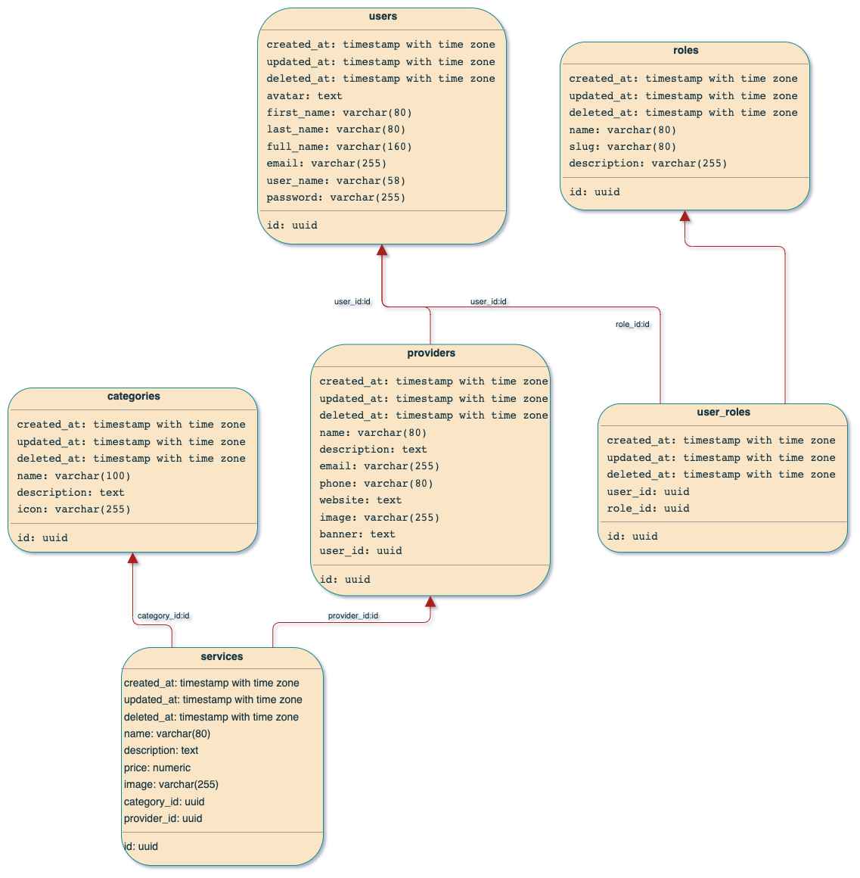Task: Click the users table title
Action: (x=383, y=17)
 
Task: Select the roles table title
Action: (x=685, y=51)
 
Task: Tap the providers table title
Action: (x=431, y=353)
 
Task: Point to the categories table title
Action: (x=134, y=397)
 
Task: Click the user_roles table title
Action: (x=723, y=413)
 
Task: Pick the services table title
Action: (x=222, y=657)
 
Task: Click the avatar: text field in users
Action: (x=304, y=96)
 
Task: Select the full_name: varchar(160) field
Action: (x=339, y=147)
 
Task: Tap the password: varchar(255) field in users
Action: (x=336, y=198)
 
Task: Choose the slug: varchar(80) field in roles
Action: (x=622, y=147)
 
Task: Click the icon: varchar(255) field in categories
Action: (x=73, y=509)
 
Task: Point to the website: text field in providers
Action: (x=360, y=500)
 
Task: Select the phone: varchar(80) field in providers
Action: (x=376, y=484)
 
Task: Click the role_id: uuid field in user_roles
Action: (x=647, y=509)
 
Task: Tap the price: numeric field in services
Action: (x=157, y=767)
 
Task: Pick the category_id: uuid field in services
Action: (x=164, y=802)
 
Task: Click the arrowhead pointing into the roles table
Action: (x=686, y=218)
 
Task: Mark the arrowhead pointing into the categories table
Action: (x=134, y=559)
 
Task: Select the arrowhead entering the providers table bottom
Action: (x=431, y=603)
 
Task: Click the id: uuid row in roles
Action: (x=595, y=192)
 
